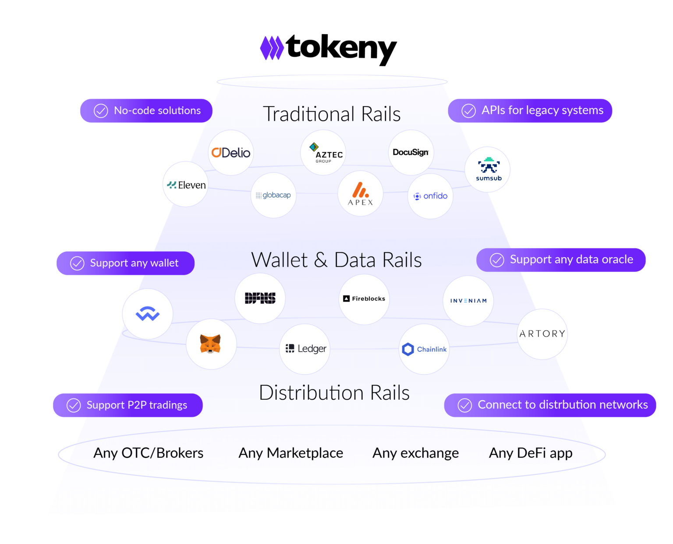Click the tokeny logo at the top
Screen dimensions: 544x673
pos(329,49)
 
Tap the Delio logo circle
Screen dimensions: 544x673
pos(231,153)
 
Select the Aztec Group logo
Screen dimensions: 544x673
pos(323,153)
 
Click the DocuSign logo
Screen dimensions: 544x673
pos(411,153)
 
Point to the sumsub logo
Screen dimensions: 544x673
pos(488,169)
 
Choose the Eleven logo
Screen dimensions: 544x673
pos(186,185)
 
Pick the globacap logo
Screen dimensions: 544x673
pos(273,195)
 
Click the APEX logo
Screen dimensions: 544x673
pos(361,194)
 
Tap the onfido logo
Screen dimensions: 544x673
pos(431,196)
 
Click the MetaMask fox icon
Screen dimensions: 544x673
pos(211,344)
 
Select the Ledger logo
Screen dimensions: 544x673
pos(305,349)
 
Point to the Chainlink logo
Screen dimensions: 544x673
pos(424,349)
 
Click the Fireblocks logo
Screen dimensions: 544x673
pos(364,299)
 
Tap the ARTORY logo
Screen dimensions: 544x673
pos(542,334)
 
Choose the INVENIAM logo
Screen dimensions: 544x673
pos(468,301)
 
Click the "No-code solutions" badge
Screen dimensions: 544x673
pos(146,111)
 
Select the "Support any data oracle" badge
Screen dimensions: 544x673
pos(561,260)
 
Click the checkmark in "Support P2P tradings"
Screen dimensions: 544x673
pos(74,405)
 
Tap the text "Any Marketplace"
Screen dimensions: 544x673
pos(290,453)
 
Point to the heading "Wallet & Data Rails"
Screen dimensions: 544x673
pos(336,260)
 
